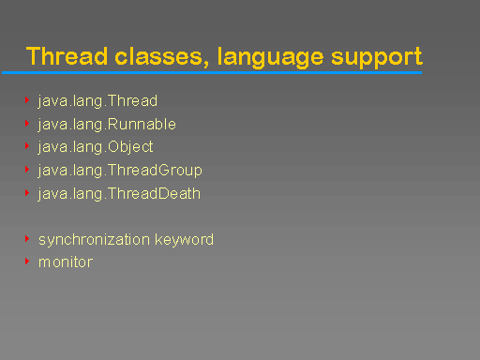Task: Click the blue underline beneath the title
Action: (x=211, y=72)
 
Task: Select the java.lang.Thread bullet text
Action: (x=97, y=100)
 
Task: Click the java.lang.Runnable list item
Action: (x=107, y=124)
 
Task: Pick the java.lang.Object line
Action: (x=96, y=147)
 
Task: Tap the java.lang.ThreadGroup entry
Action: (x=120, y=171)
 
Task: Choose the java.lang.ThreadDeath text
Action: (x=119, y=194)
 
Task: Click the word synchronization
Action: (x=94, y=239)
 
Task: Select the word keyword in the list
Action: (x=184, y=239)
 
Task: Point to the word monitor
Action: (x=66, y=262)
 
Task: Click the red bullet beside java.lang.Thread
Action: (x=27, y=99)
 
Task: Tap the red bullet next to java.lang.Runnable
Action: (x=27, y=123)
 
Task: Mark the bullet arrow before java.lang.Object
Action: (x=27, y=146)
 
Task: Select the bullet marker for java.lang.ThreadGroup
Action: (x=27, y=170)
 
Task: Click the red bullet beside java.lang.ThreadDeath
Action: (x=27, y=193)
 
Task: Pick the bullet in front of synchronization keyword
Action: (x=27, y=238)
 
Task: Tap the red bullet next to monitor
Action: (x=27, y=262)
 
